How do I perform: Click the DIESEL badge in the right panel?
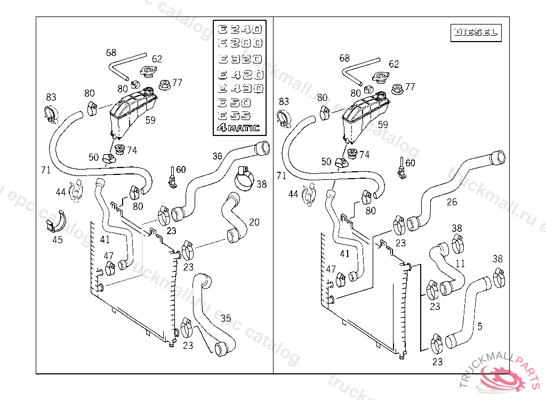476,33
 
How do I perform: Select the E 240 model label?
239,29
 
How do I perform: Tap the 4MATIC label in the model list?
239,127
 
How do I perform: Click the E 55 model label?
235,115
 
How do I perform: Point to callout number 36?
217,156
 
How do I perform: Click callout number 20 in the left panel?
254,222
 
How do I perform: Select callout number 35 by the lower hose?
226,318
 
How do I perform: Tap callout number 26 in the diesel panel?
452,202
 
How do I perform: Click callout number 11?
460,263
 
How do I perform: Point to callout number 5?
480,326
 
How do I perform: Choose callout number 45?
57,239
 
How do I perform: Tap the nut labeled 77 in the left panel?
165,84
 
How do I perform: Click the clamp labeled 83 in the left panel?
51,113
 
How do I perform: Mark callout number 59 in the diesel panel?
383,125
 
